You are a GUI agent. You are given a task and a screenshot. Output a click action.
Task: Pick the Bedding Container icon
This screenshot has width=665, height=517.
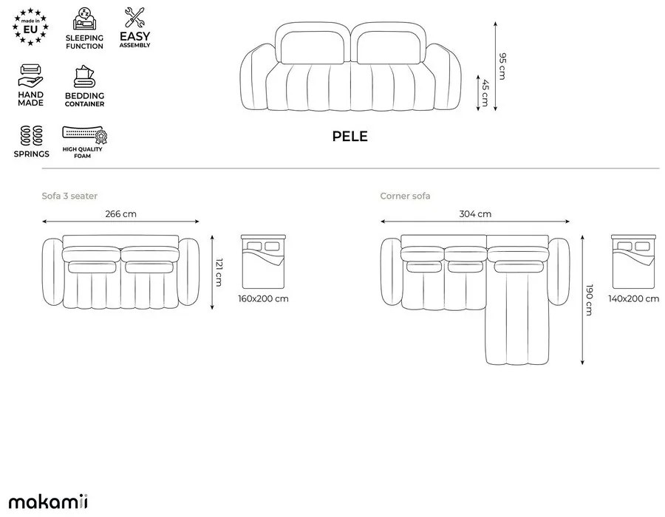click(x=84, y=77)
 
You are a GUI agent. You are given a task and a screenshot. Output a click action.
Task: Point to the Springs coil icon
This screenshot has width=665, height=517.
click(x=32, y=135)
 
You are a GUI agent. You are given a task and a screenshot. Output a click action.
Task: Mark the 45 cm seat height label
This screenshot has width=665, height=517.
click(x=485, y=95)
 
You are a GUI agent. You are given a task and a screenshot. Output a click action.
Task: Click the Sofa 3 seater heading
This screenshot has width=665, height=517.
click(x=69, y=196)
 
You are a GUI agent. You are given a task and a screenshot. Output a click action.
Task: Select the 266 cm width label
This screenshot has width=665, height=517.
click(x=121, y=214)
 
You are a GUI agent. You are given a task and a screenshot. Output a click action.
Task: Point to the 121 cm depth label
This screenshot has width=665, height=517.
click(x=219, y=272)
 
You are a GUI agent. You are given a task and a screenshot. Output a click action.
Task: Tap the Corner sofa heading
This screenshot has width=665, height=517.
click(x=405, y=196)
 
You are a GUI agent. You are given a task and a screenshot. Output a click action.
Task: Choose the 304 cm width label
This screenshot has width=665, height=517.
click(x=476, y=214)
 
